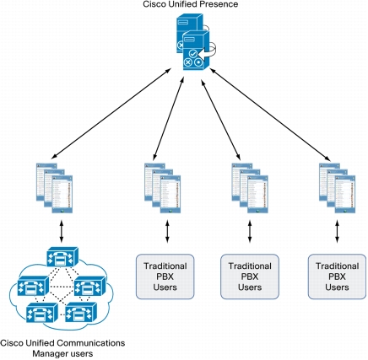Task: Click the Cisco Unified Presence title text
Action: pos(191,4)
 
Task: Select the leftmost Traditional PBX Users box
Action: pos(165,277)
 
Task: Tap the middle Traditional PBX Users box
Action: pos(250,277)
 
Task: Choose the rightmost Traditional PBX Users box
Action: pos(337,277)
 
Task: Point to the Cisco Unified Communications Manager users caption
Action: pos(62,348)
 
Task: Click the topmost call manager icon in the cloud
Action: pos(62,256)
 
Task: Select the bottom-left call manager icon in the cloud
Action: pos(42,312)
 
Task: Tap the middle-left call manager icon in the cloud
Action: pos(33,286)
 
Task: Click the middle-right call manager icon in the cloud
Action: pos(90,286)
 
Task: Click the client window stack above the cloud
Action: pos(54,188)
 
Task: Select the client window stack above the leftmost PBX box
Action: pos(163,188)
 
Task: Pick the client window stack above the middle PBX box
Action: pos(250,188)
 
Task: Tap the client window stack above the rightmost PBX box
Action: pos(337,188)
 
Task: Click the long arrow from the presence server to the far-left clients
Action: pos(111,113)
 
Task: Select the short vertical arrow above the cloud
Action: pos(62,231)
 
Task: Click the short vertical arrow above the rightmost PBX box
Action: pos(337,231)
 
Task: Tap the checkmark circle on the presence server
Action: pos(192,53)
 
